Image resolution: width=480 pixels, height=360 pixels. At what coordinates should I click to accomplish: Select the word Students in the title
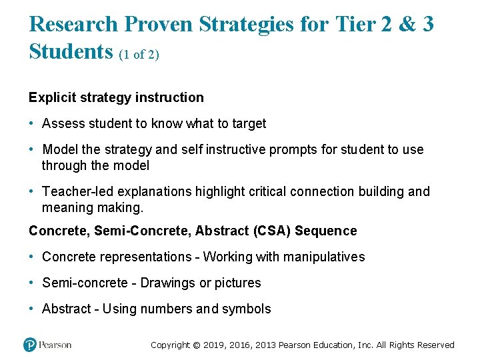pos(70,52)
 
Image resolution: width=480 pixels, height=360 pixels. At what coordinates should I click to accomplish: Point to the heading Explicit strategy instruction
pos(116,97)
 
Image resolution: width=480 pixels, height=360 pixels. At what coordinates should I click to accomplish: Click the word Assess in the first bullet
pos(61,123)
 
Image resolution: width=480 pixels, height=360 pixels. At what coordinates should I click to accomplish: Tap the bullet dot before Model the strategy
pos(32,150)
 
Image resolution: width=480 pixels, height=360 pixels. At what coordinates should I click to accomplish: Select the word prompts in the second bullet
pos(292,150)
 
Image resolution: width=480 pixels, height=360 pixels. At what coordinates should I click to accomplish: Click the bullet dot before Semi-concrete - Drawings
pos(32,283)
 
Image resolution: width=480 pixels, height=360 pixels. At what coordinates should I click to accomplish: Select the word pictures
pos(238,283)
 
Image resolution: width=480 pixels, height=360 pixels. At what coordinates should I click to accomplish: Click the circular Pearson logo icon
pos(29,345)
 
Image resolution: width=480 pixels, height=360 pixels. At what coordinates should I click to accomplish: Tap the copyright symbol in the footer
pos(195,345)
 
